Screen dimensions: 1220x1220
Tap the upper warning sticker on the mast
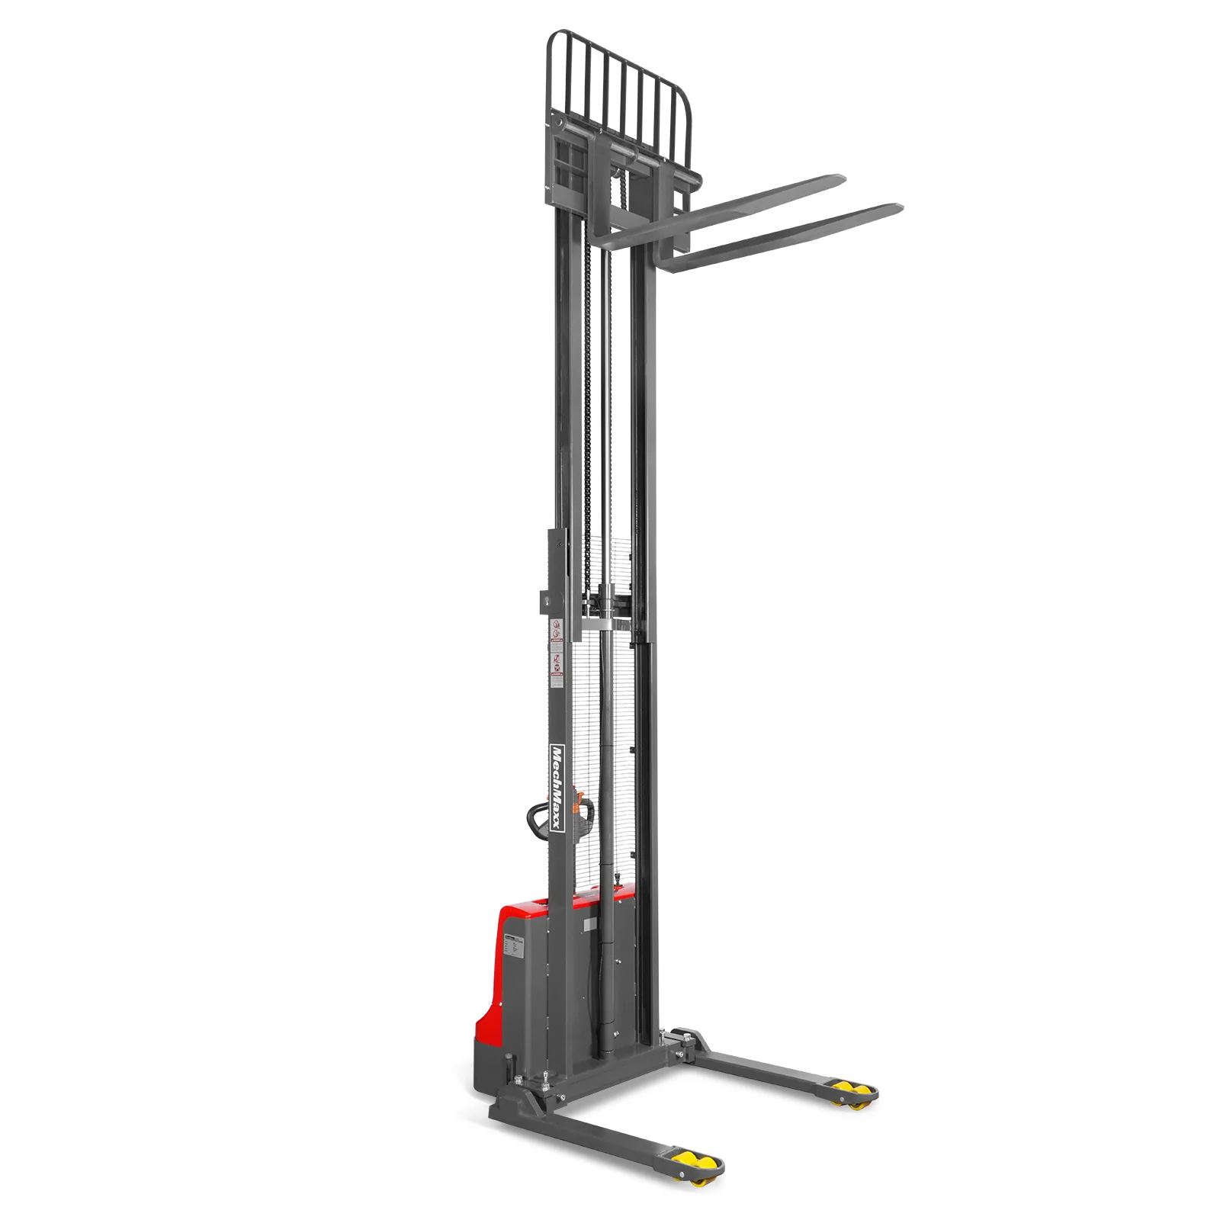pyautogui.click(x=557, y=630)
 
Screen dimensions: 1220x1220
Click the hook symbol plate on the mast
pyautogui.click(x=548, y=602)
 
